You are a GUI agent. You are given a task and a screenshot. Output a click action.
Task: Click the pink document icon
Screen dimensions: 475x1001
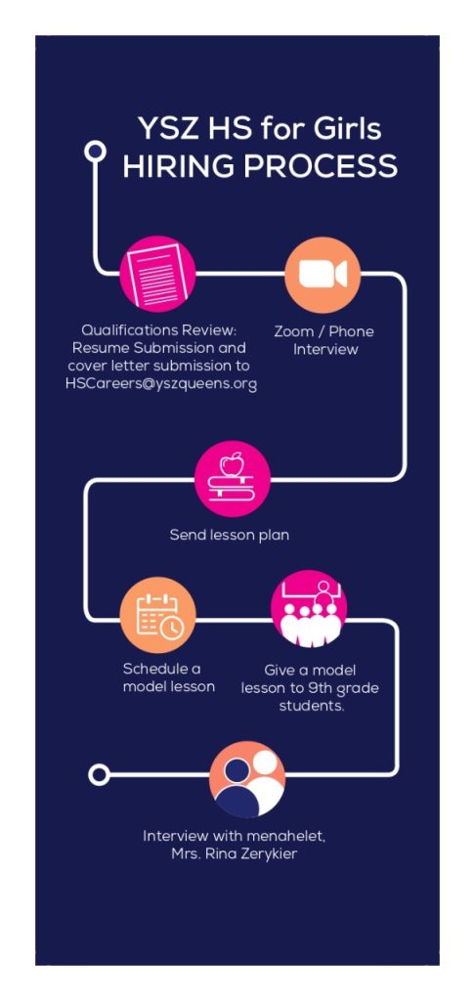click(157, 274)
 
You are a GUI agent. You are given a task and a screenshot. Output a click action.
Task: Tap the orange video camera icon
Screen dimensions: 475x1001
click(323, 275)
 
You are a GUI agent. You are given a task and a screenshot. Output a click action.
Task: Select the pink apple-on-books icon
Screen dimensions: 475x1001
click(233, 479)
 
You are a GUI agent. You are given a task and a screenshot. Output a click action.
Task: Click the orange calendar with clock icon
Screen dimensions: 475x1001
click(157, 615)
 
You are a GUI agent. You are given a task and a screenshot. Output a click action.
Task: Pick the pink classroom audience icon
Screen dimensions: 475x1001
click(309, 608)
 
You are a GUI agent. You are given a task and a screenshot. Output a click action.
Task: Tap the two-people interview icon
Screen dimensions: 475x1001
click(247, 779)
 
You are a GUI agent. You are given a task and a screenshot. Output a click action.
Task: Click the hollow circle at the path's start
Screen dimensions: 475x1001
click(95, 152)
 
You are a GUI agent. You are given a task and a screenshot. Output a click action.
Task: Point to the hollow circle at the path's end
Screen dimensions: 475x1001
click(99, 775)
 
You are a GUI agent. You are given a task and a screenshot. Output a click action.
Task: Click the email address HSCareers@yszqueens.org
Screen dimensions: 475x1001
click(161, 384)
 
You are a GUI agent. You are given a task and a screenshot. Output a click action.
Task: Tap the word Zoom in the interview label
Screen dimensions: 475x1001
click(293, 332)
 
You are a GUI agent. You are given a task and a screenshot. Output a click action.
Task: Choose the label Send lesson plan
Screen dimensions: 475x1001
click(230, 535)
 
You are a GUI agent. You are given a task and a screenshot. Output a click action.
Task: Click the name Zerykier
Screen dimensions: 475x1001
click(268, 854)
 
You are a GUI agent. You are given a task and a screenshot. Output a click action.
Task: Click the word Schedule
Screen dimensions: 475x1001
click(152, 669)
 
